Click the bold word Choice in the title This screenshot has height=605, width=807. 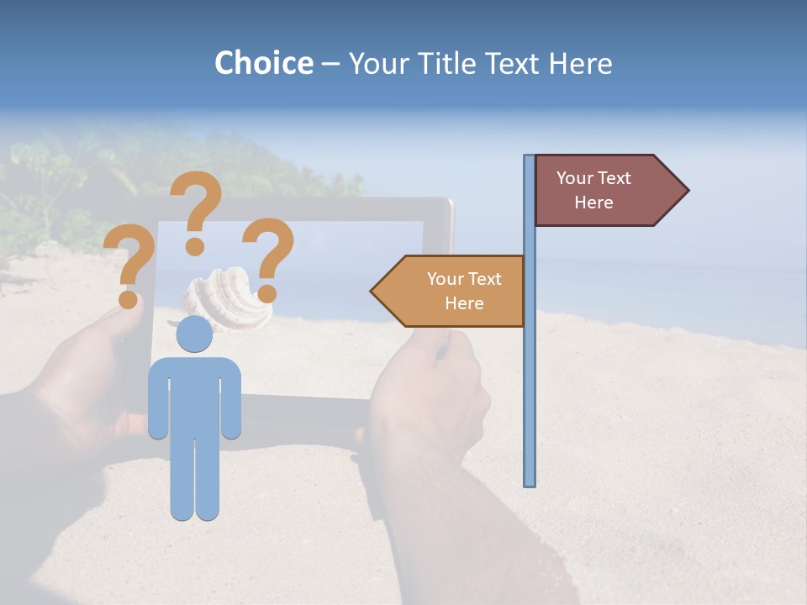pyautogui.click(x=263, y=64)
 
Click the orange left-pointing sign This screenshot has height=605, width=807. pyautogui.click(x=454, y=291)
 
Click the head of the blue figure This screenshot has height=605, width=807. pyautogui.click(x=194, y=334)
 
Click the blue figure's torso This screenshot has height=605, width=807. pyautogui.click(x=194, y=395)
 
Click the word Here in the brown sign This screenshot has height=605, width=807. pyautogui.click(x=593, y=203)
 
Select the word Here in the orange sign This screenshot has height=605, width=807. pyautogui.click(x=464, y=303)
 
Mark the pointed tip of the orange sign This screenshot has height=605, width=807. pyautogui.click(x=372, y=292)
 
